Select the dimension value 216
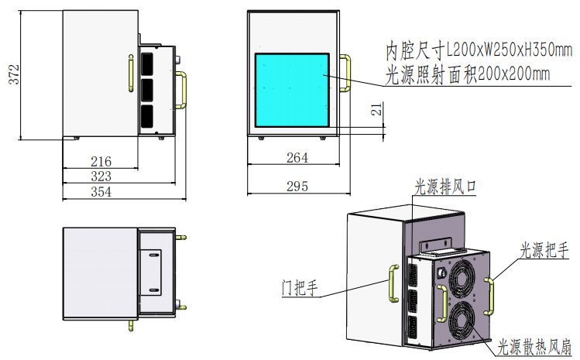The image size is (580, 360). point(101,162)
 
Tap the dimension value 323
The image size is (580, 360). point(101,177)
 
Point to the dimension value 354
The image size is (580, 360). point(101,192)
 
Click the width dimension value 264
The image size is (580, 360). point(297,158)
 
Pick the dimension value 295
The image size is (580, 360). point(297,187)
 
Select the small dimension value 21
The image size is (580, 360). point(376,110)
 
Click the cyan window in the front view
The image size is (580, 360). point(293,91)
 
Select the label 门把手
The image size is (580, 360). point(300,288)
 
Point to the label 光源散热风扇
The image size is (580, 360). point(534,345)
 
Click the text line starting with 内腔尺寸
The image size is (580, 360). point(479,52)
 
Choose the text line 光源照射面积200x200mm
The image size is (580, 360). point(468,74)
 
